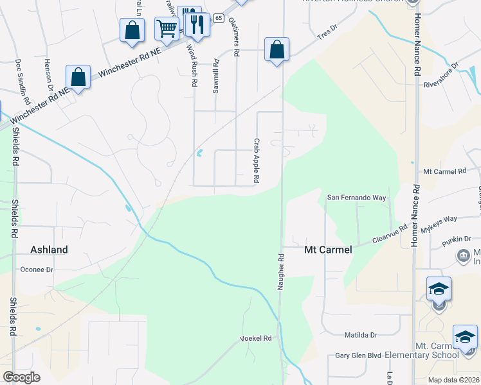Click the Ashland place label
coord(49,249)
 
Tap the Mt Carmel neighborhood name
coord(327,250)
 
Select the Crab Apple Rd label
coord(256,161)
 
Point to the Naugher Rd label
coord(281,272)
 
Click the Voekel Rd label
coord(256,338)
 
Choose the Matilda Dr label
coord(360,334)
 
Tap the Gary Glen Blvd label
coord(359,355)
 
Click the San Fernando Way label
coord(357,198)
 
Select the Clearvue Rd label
coord(390,234)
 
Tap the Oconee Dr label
coord(37,269)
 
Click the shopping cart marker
coord(167,29)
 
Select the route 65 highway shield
coord(219,18)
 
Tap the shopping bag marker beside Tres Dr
coord(277,49)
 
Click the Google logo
coord(22,377)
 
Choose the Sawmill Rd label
coord(217,76)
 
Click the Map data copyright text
coord(453,380)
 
